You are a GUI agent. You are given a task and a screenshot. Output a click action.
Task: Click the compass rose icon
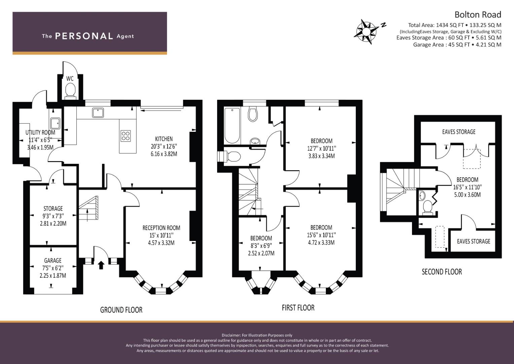point(367,32)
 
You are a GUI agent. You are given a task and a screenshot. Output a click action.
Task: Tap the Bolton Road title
point(478,15)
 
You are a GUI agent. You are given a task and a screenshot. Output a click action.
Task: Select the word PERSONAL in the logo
point(84,36)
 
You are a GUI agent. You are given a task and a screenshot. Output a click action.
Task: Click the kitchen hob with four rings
point(126,136)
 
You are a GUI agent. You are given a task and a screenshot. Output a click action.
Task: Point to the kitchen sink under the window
point(98,113)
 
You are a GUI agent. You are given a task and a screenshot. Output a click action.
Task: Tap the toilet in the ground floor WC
point(70,90)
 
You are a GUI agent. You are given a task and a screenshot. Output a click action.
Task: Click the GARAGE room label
point(53,260)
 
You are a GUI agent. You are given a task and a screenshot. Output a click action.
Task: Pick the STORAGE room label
point(53,208)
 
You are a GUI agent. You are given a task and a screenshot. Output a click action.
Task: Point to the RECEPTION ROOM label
point(161,228)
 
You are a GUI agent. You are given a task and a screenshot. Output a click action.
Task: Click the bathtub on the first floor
point(232,125)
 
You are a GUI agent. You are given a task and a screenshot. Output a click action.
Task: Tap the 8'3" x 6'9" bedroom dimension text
point(261,246)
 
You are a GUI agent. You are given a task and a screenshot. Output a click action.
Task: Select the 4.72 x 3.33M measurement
point(321,242)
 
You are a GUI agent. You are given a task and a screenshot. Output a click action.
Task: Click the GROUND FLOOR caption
point(121,310)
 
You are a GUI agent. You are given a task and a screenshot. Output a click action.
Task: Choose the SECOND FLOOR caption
point(442,272)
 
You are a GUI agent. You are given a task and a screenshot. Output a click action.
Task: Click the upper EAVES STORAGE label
point(459,132)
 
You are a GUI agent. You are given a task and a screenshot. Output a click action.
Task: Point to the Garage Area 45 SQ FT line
point(457,44)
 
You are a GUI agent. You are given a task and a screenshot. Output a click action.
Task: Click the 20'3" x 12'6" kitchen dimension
point(164,146)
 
